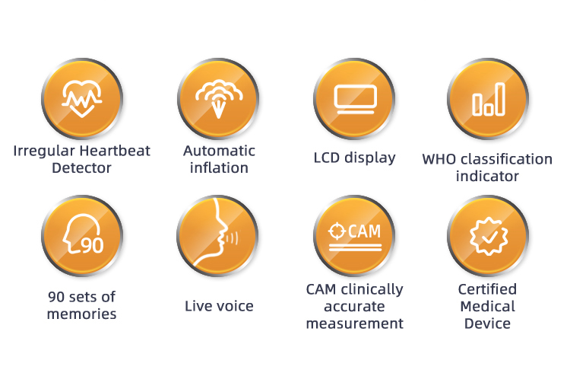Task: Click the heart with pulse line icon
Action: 82,99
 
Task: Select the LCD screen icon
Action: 355,100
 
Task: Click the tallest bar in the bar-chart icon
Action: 501,99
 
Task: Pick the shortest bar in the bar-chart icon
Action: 489,109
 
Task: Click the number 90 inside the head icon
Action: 92,245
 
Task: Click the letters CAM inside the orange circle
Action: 364,231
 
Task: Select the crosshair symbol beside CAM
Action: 337,231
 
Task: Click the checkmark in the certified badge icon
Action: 489,237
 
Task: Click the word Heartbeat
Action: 115,151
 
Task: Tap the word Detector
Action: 81,168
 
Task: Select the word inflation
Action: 219,168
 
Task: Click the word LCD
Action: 327,158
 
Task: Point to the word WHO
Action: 439,159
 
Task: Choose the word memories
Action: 82,314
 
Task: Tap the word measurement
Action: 355,324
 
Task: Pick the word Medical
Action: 487,306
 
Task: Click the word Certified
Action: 487,289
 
